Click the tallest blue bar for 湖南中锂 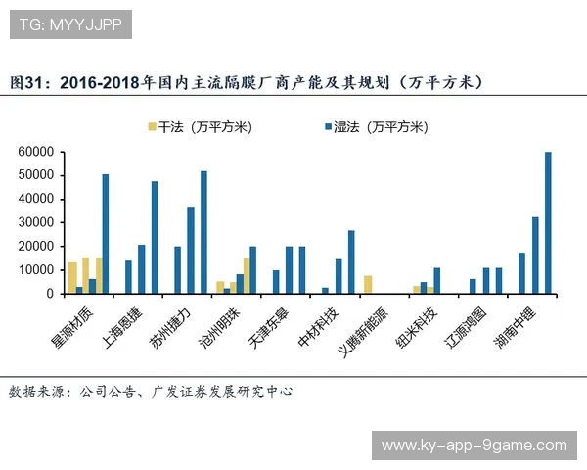coord(548,222)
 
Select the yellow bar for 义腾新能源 coord(368,284)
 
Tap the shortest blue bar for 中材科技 coord(325,290)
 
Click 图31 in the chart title coord(27,83)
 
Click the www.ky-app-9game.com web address coord(474,446)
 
